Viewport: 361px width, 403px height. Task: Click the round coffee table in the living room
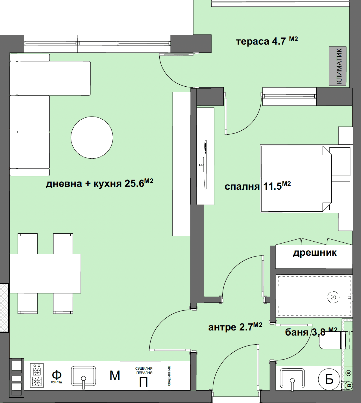pos(92,137)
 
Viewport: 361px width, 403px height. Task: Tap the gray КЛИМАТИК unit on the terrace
pos(338,66)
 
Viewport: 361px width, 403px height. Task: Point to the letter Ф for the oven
pos(56,375)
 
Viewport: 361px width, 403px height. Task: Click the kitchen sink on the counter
pos(83,376)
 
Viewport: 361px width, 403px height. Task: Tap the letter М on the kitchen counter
pos(115,376)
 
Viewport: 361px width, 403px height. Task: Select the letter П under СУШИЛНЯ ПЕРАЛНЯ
pos(143,382)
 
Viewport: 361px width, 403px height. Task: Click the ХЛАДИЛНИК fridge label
pos(169,376)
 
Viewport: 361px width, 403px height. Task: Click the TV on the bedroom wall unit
pos(205,165)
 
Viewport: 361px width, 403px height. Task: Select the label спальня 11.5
pos(258,186)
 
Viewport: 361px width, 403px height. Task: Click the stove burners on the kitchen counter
pos(37,375)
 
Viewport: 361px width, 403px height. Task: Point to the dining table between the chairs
pos(45,273)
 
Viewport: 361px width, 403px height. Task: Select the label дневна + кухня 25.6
pos(99,183)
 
